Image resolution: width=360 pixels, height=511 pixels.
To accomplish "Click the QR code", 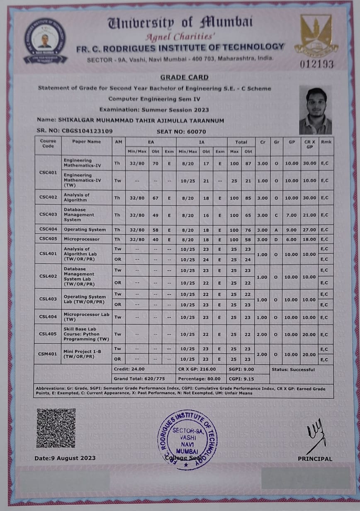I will tap(56, 428).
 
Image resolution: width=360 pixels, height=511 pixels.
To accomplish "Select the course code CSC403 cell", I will tap(48, 214).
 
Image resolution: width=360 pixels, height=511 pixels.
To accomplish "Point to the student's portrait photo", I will tap(315, 110).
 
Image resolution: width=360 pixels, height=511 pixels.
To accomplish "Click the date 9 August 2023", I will tap(65, 458).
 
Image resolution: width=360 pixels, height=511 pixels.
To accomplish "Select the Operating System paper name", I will tap(85, 229).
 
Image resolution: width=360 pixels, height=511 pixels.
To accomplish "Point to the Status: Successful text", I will tap(293, 369).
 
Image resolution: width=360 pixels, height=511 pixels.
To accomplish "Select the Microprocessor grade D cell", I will tap(276, 239).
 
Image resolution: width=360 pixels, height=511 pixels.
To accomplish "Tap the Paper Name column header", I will tap(86, 141).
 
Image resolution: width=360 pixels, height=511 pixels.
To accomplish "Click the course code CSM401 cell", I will tap(48, 354).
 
